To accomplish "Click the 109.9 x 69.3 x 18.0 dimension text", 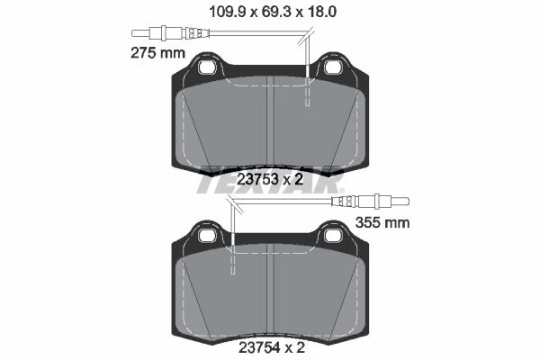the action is coord(273,13).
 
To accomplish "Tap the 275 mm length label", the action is coord(158,53).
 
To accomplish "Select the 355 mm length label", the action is coord(382,223).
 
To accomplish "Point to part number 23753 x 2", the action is coord(270,179).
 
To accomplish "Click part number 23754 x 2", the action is coord(272,348).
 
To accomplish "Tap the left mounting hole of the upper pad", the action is coord(208,67).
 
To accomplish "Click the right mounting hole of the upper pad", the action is coord(333,67).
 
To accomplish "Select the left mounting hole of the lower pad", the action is coord(208,236).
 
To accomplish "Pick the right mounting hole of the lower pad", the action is coord(333,236).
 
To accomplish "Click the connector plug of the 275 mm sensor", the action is coord(170,33).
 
